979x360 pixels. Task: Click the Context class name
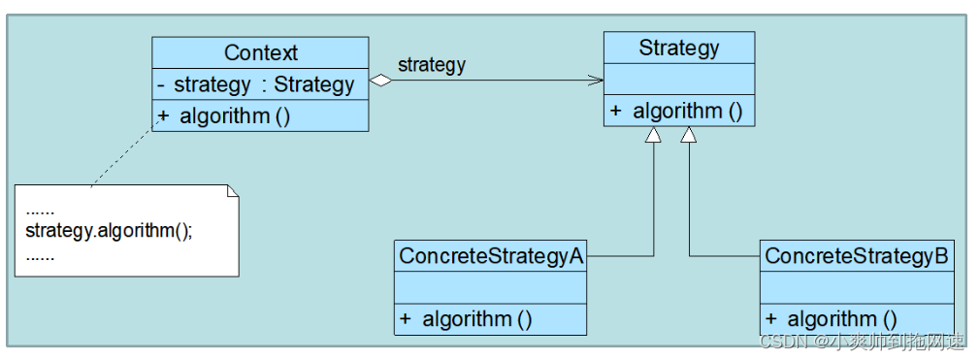[x=260, y=52]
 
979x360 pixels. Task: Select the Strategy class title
[x=678, y=49]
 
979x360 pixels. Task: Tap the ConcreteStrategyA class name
[x=491, y=256]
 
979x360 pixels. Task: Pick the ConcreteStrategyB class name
[x=857, y=256]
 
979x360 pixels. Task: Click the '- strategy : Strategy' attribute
[x=256, y=84]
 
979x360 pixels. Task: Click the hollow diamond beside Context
[x=380, y=80]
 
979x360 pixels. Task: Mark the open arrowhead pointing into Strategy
[x=595, y=80]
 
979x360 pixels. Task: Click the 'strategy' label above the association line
[x=432, y=64]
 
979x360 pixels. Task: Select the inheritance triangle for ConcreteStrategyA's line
[x=653, y=134]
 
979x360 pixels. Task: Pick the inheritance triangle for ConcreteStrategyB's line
[x=689, y=134]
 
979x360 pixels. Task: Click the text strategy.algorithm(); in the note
[x=110, y=231]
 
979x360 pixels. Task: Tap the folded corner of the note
[x=232, y=191]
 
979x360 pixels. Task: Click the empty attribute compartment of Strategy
[x=678, y=79]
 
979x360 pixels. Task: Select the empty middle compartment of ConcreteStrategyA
[x=490, y=287]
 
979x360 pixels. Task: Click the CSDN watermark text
[x=863, y=342]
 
